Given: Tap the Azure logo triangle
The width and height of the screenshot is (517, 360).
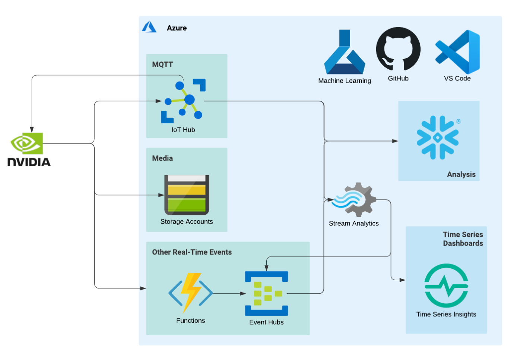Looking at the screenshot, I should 149,27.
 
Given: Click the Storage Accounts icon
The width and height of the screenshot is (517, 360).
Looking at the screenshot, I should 187,195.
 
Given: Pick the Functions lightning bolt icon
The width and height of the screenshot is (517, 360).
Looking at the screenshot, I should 191,293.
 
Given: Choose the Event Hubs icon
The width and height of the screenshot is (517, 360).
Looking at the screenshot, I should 266,293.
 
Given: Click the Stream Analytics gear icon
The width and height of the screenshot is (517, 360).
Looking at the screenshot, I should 355,199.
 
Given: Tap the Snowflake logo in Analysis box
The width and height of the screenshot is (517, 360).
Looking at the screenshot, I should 438,138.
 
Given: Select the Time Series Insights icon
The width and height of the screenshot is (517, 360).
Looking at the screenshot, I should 446,285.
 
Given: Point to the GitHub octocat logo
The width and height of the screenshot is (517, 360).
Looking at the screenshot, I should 398,49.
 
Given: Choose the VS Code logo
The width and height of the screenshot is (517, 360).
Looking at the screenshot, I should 458,52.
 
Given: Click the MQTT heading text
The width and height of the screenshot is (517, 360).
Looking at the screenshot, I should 162,64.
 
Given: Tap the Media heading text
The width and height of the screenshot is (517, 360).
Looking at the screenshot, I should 162,158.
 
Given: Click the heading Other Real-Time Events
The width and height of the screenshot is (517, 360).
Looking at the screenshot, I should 192,252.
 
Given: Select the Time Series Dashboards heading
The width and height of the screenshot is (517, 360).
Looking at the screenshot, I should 463,239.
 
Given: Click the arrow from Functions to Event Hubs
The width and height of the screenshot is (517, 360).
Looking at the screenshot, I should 229,293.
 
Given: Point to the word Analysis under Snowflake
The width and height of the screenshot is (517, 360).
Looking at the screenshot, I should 461,174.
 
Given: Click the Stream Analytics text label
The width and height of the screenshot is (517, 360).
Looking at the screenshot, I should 353,224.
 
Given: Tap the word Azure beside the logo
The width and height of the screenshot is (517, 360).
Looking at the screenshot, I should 177,28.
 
